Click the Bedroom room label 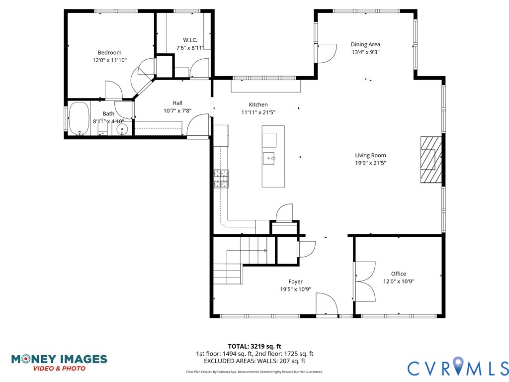109,53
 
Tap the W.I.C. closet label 190,40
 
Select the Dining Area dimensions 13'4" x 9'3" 365,52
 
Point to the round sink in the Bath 122,129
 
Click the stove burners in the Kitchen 221,179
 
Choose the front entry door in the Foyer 326,304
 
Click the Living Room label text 370,155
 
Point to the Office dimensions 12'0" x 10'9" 398,281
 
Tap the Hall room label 177,103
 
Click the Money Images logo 59,362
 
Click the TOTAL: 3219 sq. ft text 254,346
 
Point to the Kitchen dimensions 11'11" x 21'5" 258,112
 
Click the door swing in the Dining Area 324,52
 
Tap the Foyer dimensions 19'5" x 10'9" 295,289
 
